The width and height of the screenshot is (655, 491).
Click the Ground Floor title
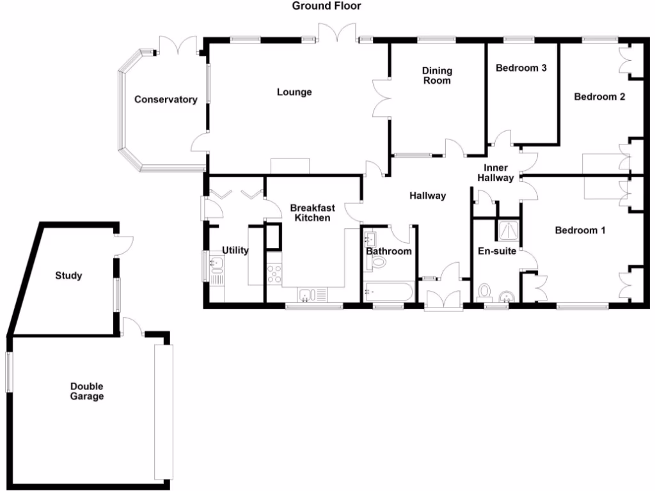(326, 6)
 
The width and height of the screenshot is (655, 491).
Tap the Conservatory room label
(166, 100)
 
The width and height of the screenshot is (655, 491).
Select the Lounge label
(294, 92)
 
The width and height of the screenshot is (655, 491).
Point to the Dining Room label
(437, 75)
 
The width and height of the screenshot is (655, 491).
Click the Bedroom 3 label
(521, 68)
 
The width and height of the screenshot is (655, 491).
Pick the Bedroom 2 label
(599, 97)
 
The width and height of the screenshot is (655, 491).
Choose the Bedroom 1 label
(580, 230)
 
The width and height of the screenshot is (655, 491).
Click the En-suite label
(497, 251)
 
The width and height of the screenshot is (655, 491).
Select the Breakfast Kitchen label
(310, 213)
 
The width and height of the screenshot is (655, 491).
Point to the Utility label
(235, 251)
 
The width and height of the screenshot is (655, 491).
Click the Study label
(68, 276)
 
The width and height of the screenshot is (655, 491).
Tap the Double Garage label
(87, 391)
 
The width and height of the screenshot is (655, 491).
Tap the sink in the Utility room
(216, 263)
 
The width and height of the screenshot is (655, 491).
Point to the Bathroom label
(389, 251)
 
